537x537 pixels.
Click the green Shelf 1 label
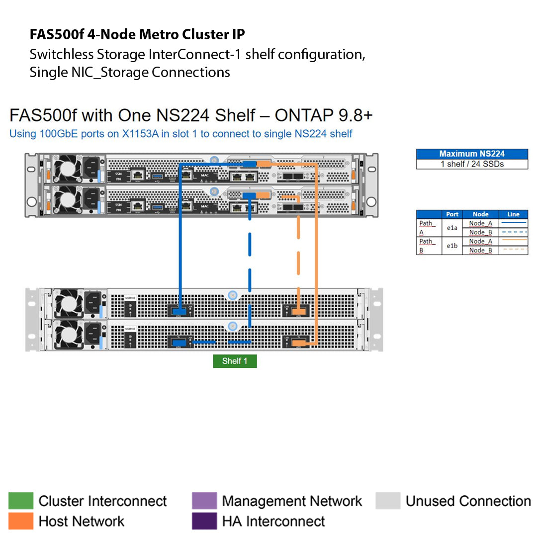pos(235,361)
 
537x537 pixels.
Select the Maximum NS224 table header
pos(472,154)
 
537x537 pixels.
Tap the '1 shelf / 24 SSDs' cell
pos(472,164)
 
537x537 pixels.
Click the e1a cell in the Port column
pos(452,228)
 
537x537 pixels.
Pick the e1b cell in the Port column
pos(452,246)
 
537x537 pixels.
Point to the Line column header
pos(513,214)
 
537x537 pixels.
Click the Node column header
pos(480,214)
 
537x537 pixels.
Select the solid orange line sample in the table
pos(513,241)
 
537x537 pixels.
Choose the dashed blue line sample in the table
pos(513,232)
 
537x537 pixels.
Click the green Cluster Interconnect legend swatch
pos(21,501)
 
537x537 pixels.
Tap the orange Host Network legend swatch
pos(21,521)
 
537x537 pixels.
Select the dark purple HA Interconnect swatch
pos(204,521)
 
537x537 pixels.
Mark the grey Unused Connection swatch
pos(388,501)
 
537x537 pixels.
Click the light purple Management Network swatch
pos(204,501)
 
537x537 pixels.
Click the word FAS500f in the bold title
pos(57,34)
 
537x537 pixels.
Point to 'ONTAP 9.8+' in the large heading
pos(324,115)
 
